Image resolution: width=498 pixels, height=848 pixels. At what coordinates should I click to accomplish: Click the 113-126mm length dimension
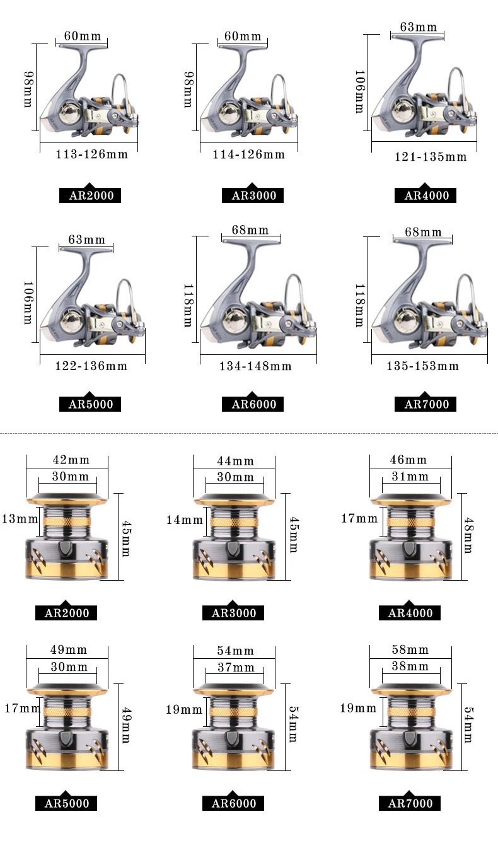(91, 154)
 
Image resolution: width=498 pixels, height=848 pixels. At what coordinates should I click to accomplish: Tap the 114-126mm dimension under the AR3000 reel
(248, 154)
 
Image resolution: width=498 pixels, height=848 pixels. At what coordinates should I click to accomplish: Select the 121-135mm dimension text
(431, 157)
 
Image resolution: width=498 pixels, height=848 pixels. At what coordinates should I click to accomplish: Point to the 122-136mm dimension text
(91, 366)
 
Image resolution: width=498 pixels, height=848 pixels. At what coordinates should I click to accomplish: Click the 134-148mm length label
(255, 366)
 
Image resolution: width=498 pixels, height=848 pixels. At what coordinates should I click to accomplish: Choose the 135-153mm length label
(423, 366)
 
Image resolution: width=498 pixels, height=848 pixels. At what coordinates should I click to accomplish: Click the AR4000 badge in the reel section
(426, 195)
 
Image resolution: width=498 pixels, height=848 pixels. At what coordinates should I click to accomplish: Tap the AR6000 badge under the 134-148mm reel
(252, 404)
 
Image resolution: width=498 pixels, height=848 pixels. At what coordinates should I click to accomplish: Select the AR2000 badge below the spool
(66, 613)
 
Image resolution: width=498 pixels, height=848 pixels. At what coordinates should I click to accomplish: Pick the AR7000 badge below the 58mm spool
(410, 803)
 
